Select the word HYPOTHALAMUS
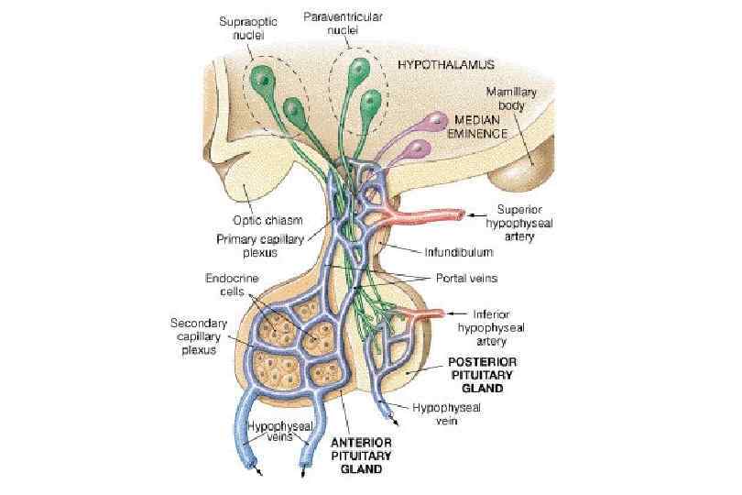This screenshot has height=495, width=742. click(x=446, y=64)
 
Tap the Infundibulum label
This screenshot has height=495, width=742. click(x=459, y=250)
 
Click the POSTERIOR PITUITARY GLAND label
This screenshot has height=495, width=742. click(x=482, y=374)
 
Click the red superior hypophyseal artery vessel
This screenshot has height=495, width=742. click(x=431, y=219)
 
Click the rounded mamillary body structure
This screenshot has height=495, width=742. click(x=527, y=169)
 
